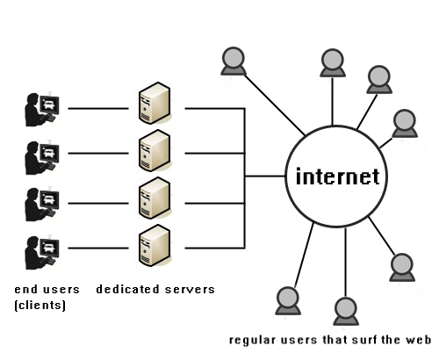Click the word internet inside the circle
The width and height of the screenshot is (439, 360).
pyautogui.click(x=338, y=176)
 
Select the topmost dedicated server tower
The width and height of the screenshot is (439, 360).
pyautogui.click(x=155, y=103)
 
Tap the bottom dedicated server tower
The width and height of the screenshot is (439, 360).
pyautogui.click(x=155, y=245)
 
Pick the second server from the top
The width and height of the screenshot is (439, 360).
pyautogui.click(x=155, y=151)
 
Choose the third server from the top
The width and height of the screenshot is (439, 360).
pyautogui.click(x=155, y=198)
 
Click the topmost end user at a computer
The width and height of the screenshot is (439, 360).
pyautogui.click(x=42, y=109)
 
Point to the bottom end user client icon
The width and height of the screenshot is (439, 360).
pyautogui.click(x=42, y=252)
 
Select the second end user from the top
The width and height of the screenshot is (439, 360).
pyautogui.click(x=42, y=157)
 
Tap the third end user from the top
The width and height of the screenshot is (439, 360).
pyautogui.click(x=42, y=204)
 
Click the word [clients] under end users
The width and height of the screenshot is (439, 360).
pyautogui.click(x=40, y=306)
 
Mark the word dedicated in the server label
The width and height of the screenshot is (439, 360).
pyautogui.click(x=127, y=289)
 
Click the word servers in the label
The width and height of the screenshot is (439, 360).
pyautogui.click(x=190, y=290)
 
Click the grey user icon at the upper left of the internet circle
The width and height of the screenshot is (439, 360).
pyautogui.click(x=234, y=61)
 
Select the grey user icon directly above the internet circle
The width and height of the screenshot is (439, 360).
pyautogui.click(x=333, y=63)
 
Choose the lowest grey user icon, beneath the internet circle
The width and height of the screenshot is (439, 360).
pyautogui.click(x=346, y=312)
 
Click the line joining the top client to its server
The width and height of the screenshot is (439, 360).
pyautogui.click(x=98, y=109)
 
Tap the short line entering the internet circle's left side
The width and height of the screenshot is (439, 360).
pyautogui.click(x=265, y=176)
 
